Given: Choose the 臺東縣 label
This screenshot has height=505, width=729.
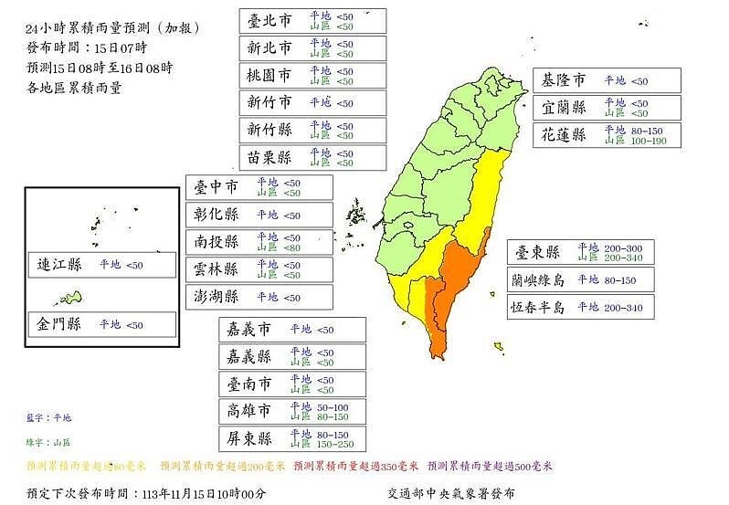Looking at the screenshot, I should [541, 252].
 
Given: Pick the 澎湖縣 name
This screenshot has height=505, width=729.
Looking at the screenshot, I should [217, 297].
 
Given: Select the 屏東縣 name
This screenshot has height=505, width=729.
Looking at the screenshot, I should [251, 439].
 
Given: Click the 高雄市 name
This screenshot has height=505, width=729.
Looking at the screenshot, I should [251, 412].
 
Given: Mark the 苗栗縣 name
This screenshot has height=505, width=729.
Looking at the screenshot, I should [271, 157].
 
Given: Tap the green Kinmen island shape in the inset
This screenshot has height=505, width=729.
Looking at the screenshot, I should [70, 298].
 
